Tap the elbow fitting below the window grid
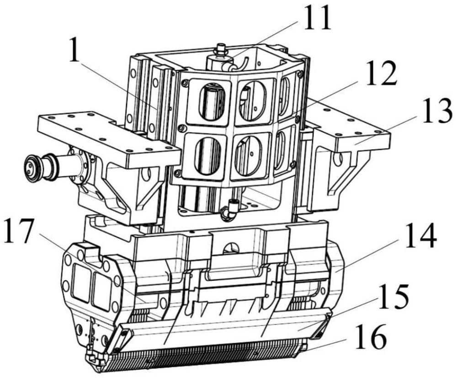(x=227, y=211)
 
